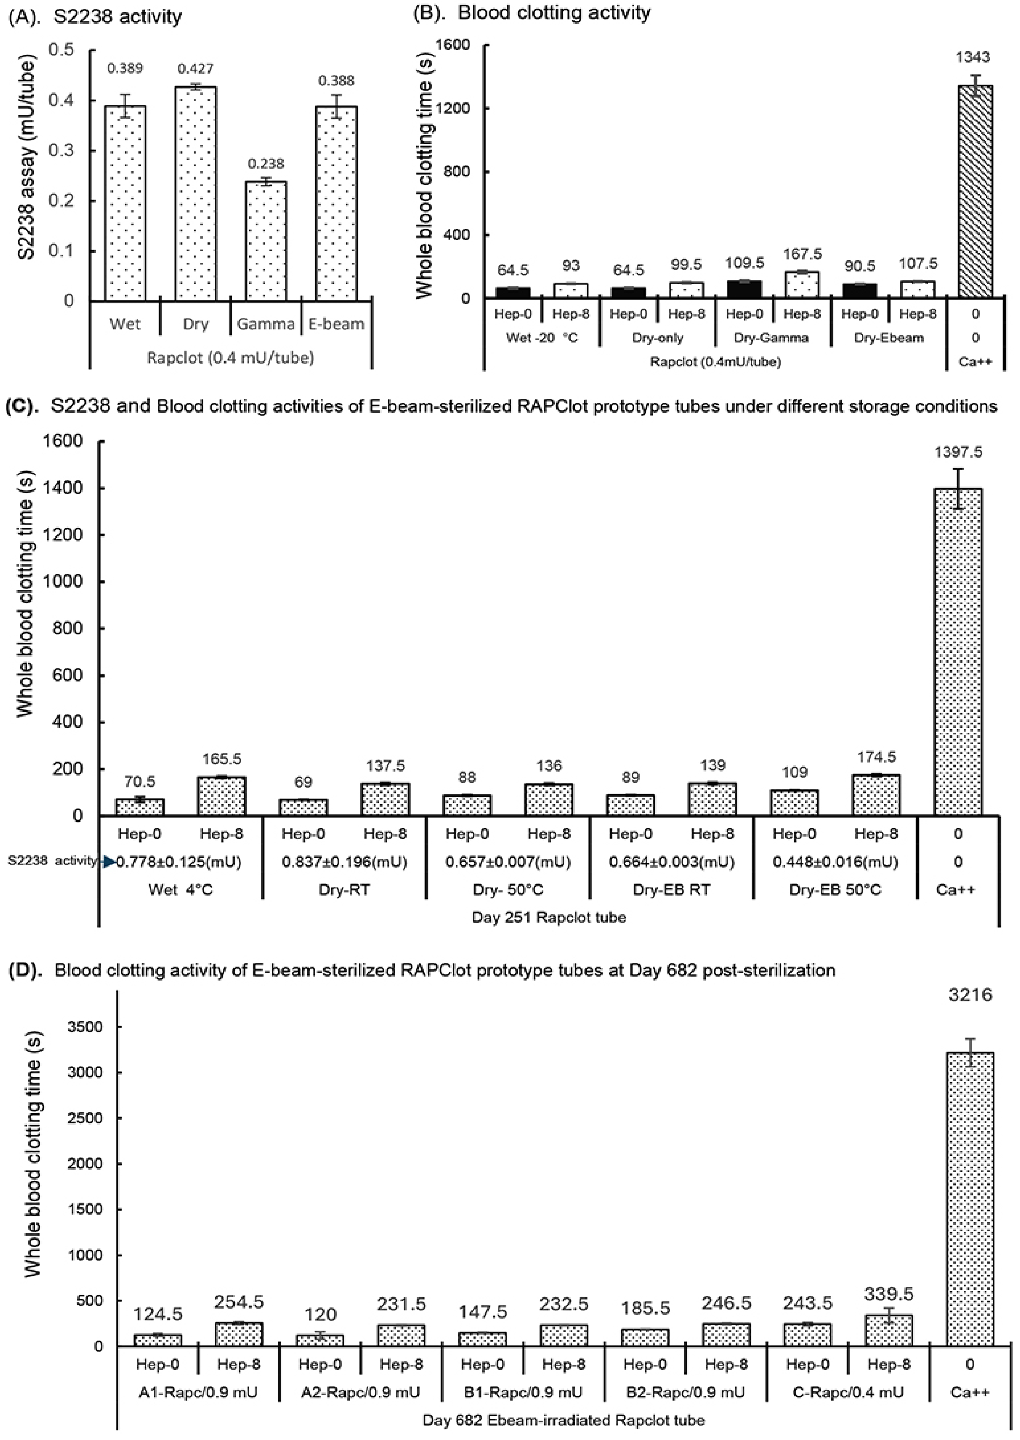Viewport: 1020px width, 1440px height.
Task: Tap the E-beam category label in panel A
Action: [x=336, y=324]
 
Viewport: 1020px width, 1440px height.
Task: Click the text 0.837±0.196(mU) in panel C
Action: [x=344, y=862]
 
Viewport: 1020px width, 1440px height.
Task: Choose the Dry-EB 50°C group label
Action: [x=835, y=890]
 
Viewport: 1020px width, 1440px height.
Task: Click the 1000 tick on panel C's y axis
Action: [x=65, y=581]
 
